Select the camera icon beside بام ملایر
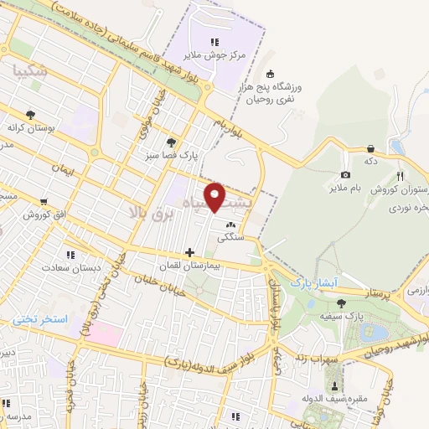(345, 175)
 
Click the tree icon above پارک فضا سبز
(172, 142)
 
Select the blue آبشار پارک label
(312, 283)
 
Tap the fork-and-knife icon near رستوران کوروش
(400, 176)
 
